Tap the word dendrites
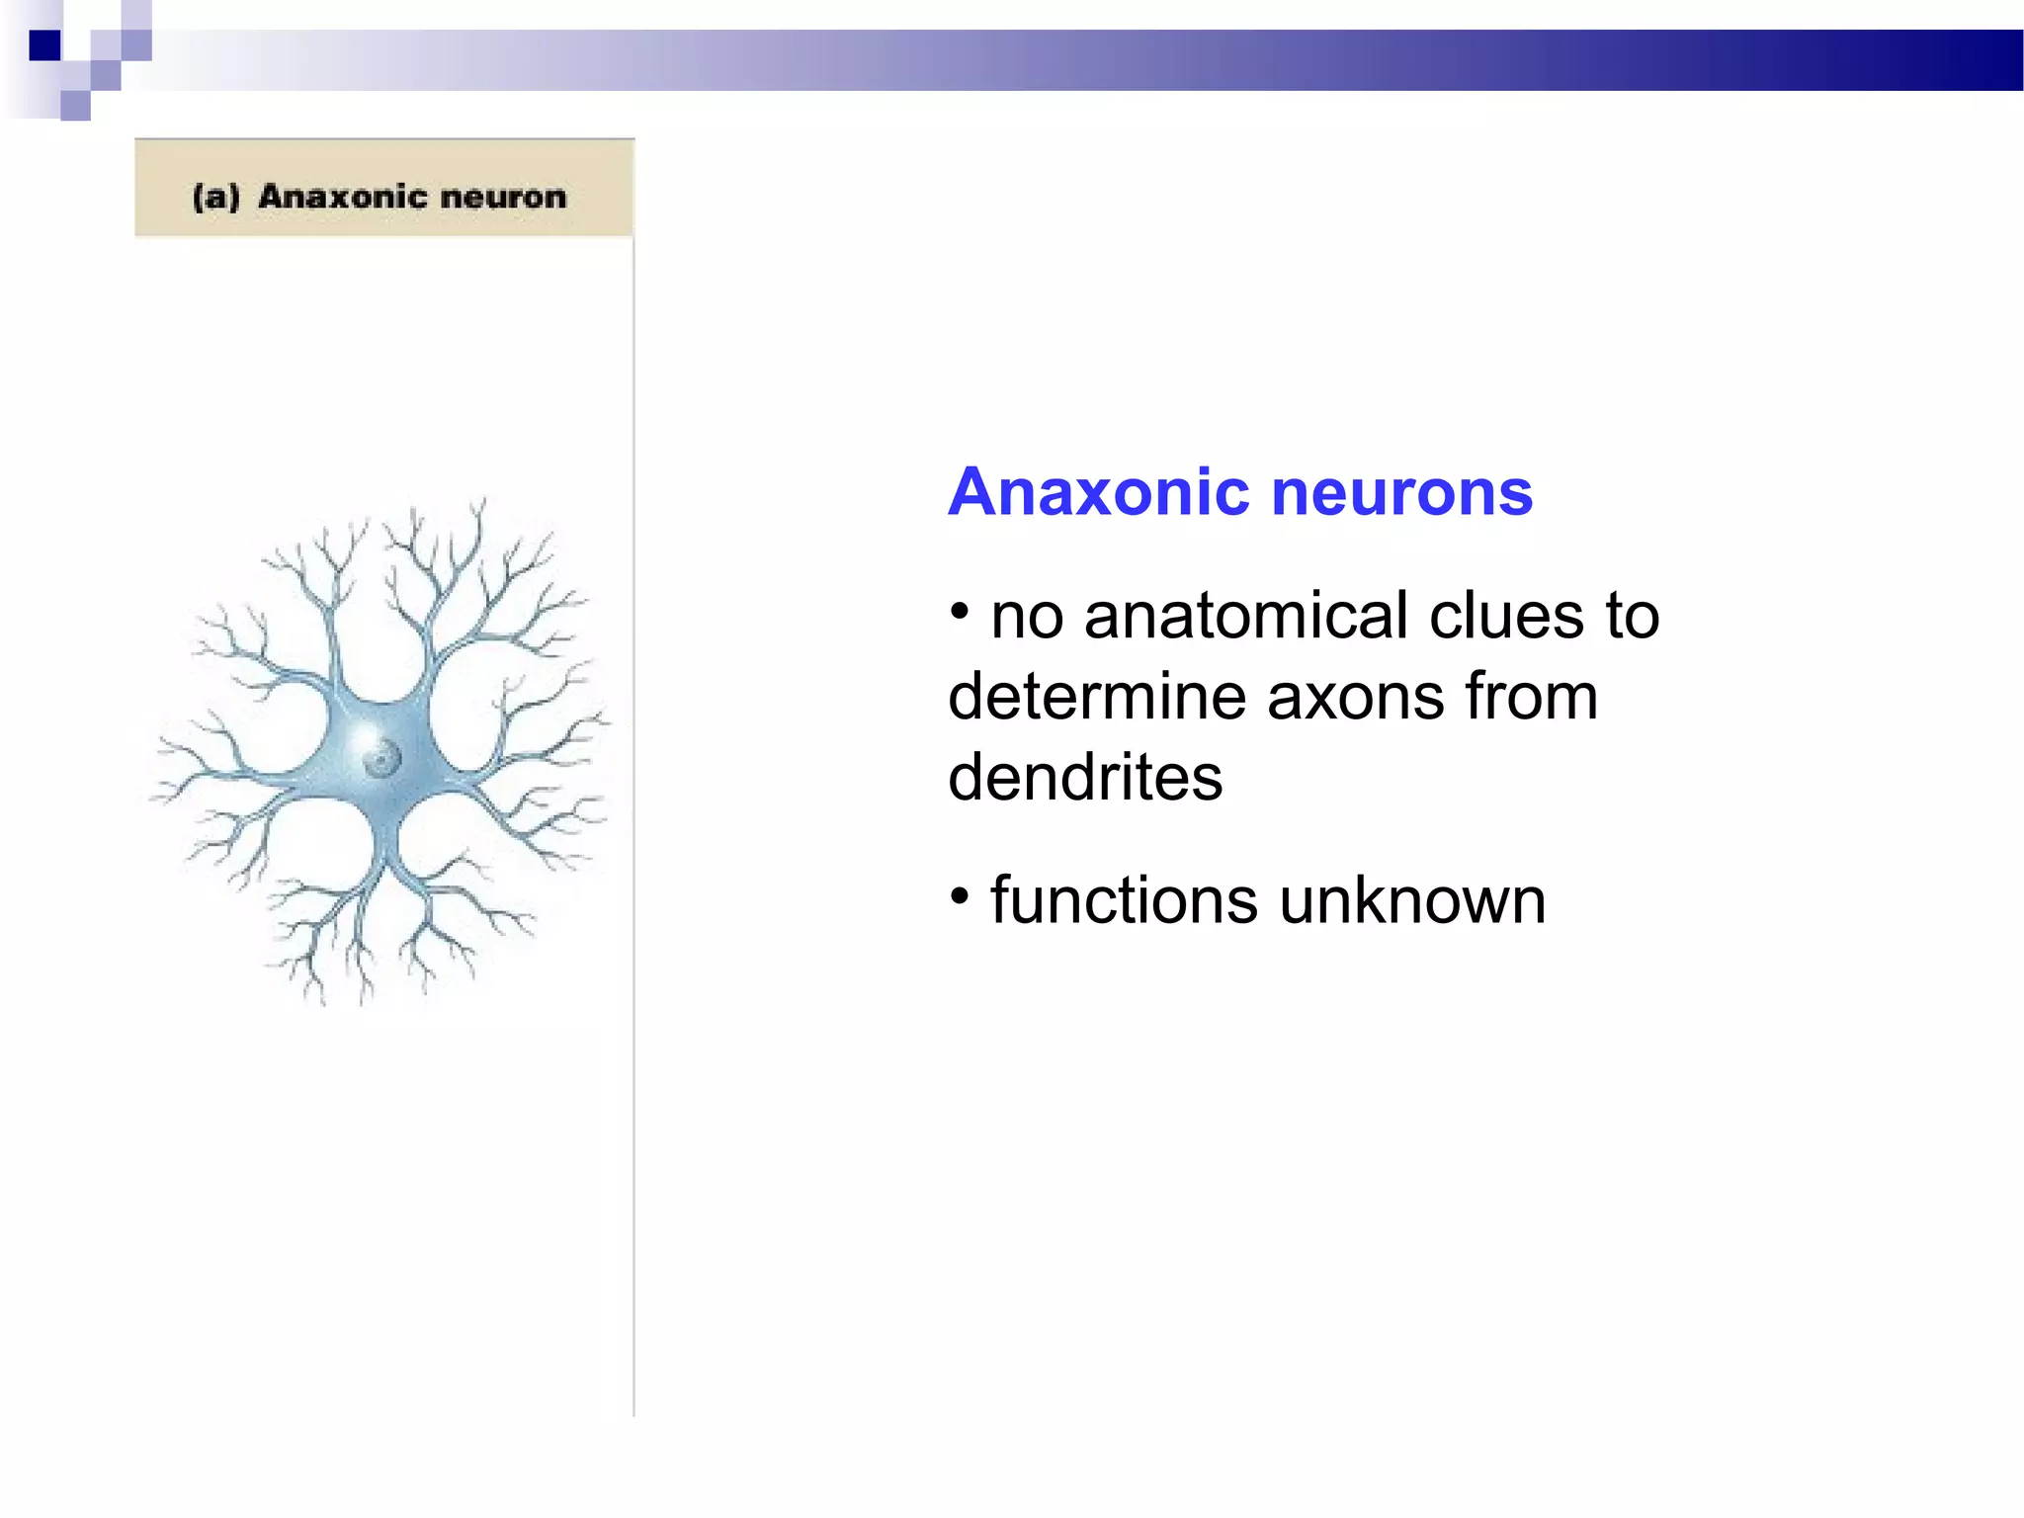click(x=1085, y=778)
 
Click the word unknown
click(x=1412, y=901)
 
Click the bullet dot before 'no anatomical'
click(x=959, y=613)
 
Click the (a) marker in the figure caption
click(x=216, y=197)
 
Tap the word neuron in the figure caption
click(x=503, y=197)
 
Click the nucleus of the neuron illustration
click(x=380, y=759)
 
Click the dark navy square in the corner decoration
click(x=44, y=45)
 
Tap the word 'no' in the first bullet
click(x=1027, y=617)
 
